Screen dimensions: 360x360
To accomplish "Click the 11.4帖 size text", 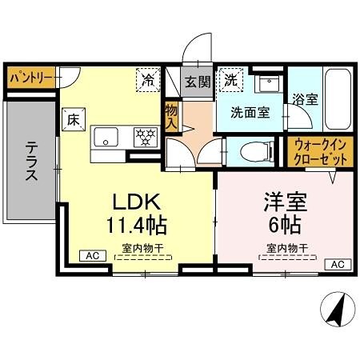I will [134, 223].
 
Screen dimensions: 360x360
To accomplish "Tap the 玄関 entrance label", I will [197, 80].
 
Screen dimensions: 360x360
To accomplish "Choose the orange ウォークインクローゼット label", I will [319, 152].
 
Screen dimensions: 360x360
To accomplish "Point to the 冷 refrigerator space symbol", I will [148, 80].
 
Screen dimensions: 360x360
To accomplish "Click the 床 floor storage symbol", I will [71, 121].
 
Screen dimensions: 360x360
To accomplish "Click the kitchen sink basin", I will [106, 138].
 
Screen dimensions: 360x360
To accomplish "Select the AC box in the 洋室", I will [336, 264].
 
